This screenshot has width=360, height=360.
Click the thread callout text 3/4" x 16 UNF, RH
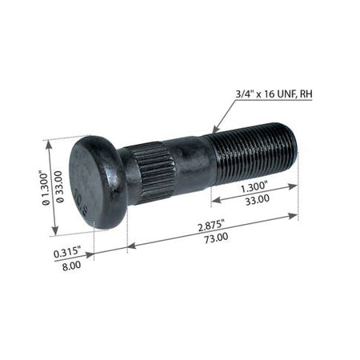tap(274, 94)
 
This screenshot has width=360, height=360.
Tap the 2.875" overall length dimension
tap(211, 226)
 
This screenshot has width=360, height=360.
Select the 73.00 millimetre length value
tap(216, 238)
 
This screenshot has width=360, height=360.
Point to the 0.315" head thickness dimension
tap(67, 252)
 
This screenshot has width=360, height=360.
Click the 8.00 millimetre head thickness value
tap(71, 266)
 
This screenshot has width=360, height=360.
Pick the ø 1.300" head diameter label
tap(46, 189)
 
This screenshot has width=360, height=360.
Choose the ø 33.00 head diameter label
tap(60, 187)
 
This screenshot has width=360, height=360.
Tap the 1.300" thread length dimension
tap(254, 187)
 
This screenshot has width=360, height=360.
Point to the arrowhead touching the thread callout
tap(215, 130)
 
